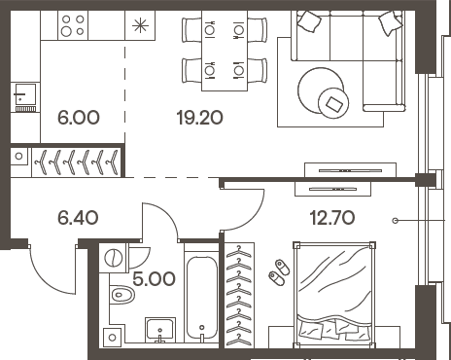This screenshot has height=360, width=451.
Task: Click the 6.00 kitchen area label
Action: pos(79,118)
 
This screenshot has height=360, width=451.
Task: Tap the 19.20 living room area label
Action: pos(199,118)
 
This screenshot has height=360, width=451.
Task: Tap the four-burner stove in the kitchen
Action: pos(73,25)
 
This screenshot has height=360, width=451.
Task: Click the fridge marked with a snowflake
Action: pos(141,25)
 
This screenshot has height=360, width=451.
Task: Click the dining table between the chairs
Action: pos(225,49)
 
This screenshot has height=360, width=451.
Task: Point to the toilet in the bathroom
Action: pos(120,293)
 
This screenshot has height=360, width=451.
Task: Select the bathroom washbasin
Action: pos(159,332)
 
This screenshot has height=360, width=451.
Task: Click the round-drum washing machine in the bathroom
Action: pos(114,258)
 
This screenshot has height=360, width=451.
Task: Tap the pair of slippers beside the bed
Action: pos(277,270)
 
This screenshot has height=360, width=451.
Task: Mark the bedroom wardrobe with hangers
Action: pos(236,297)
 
